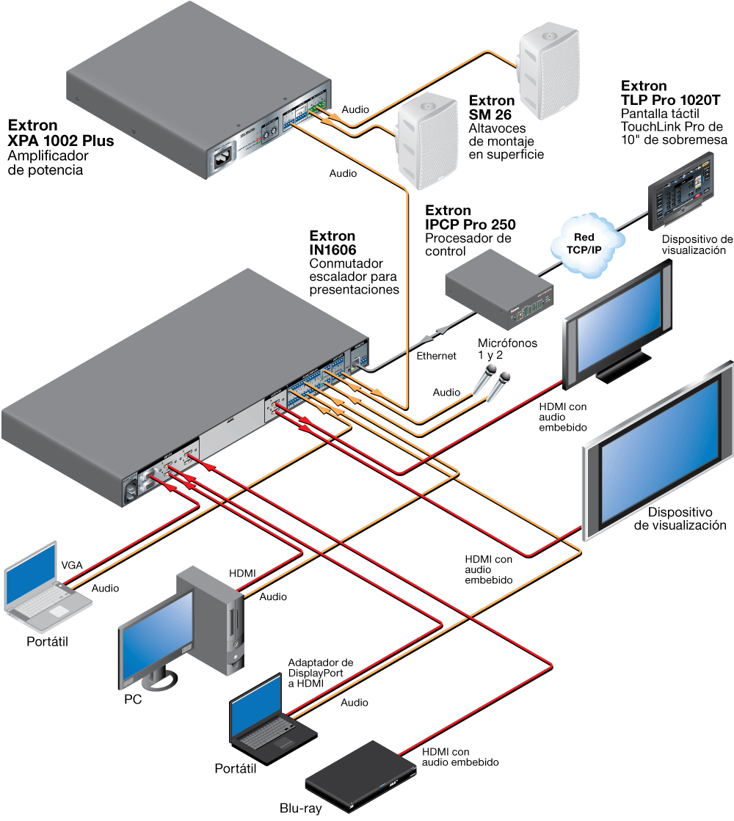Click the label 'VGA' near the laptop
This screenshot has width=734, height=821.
click(71, 565)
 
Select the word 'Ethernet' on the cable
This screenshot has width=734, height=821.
click(437, 355)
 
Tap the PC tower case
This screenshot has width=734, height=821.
click(213, 616)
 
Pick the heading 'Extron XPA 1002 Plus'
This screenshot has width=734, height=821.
click(60, 133)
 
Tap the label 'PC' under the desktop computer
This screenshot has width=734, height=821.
click(133, 699)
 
